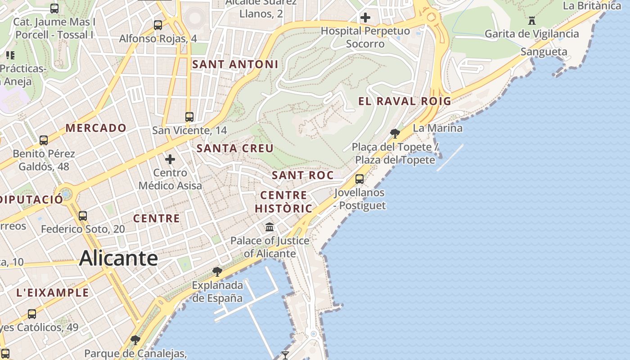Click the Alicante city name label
coord(118,258)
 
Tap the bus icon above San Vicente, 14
coord(189,117)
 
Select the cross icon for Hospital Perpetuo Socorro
coord(365,18)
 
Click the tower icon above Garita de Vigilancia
coord(532,20)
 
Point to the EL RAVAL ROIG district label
coord(405,101)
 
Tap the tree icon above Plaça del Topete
coord(395,133)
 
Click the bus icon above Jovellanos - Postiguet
coord(360,179)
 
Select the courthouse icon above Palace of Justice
coord(270,227)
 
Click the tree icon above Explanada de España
coord(217,271)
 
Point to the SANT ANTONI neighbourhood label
coord(235,64)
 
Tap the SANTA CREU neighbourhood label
coord(235,148)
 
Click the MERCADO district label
coord(96,128)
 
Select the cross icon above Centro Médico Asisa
coord(170,159)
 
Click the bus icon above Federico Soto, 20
coord(83,216)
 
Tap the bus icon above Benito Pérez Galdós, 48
coord(44,140)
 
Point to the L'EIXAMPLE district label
coord(53,292)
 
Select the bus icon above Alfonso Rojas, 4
coord(158,25)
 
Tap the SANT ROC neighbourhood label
coord(303,175)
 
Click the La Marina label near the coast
coord(437,128)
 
